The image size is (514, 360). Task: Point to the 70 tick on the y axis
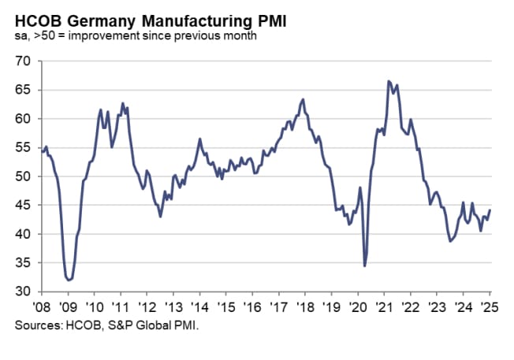[x=22, y=61]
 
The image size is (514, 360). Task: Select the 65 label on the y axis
[x=22, y=90]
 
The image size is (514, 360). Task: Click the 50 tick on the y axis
[x=22, y=176]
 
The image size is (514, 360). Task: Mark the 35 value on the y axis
[x=22, y=263]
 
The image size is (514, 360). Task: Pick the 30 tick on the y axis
[x=22, y=292]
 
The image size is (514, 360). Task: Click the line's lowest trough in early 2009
[x=69, y=280]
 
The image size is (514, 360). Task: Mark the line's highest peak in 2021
[x=389, y=81]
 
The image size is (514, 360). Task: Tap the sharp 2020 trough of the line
[x=365, y=265]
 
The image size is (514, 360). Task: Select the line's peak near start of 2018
[x=304, y=99]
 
